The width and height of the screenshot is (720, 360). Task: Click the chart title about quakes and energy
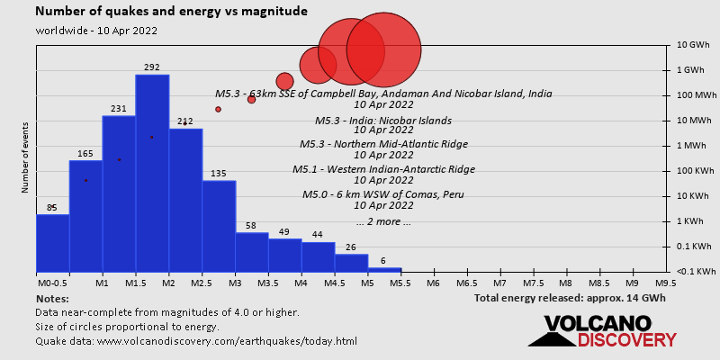pyautogui.click(x=172, y=12)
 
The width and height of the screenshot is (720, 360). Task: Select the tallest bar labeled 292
pyautogui.click(x=152, y=171)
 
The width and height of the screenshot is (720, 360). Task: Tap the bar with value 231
pyautogui.click(x=119, y=193)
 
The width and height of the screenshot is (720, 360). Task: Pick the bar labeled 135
pyautogui.click(x=219, y=225)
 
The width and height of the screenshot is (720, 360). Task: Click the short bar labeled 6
pyautogui.click(x=383, y=268)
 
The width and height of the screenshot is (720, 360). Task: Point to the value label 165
pyautogui.click(x=85, y=154)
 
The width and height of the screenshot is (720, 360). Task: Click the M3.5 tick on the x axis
pyautogui.click(x=268, y=282)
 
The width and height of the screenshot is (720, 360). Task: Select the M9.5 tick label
pyautogui.click(x=666, y=282)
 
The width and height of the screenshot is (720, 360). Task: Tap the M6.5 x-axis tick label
pyautogui.click(x=467, y=282)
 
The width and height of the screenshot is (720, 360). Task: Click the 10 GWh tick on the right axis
pyautogui.click(x=694, y=45)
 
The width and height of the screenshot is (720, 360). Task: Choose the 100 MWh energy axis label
pyautogui.click(x=697, y=95)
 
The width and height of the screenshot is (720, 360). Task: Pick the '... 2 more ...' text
pyautogui.click(x=383, y=221)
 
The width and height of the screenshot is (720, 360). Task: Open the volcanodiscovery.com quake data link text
pyautogui.click(x=196, y=341)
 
